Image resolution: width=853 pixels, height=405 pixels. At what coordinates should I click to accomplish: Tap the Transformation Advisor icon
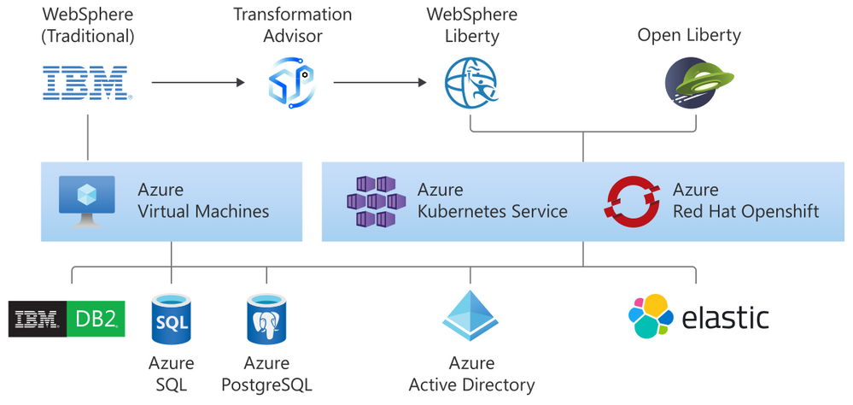pyautogui.click(x=287, y=84)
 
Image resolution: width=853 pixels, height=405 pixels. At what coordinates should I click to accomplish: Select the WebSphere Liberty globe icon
pyautogui.click(x=470, y=84)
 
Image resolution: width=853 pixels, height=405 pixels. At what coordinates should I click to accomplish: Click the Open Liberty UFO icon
pyautogui.click(x=691, y=84)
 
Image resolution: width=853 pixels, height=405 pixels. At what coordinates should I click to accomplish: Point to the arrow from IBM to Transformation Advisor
pyautogui.click(x=197, y=83)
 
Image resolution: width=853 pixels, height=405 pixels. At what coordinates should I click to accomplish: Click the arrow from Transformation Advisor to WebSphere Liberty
pyautogui.click(x=380, y=83)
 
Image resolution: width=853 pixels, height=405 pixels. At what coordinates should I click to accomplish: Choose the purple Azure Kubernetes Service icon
pyautogui.click(x=376, y=202)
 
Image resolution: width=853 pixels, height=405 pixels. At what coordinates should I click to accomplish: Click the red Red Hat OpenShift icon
pyautogui.click(x=632, y=202)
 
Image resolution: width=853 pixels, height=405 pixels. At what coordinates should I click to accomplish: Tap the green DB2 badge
pyautogui.click(x=96, y=319)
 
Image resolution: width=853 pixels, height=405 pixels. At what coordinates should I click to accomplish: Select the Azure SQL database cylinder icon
pyautogui.click(x=172, y=319)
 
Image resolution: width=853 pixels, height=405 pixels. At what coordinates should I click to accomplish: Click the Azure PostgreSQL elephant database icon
pyautogui.click(x=266, y=319)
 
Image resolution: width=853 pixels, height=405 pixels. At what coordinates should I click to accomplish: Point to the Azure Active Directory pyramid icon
pyautogui.click(x=470, y=316)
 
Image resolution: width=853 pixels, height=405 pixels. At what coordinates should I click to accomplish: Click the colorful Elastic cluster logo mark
pyautogui.click(x=650, y=317)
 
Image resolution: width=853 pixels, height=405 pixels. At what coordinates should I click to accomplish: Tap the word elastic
pyautogui.click(x=725, y=318)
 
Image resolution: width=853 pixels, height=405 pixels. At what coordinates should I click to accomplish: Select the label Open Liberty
pyautogui.click(x=689, y=35)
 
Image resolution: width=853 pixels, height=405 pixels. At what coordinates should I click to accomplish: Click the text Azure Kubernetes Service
pyautogui.click(x=492, y=201)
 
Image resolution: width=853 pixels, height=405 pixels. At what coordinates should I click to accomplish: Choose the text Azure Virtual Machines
pyautogui.click(x=203, y=201)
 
